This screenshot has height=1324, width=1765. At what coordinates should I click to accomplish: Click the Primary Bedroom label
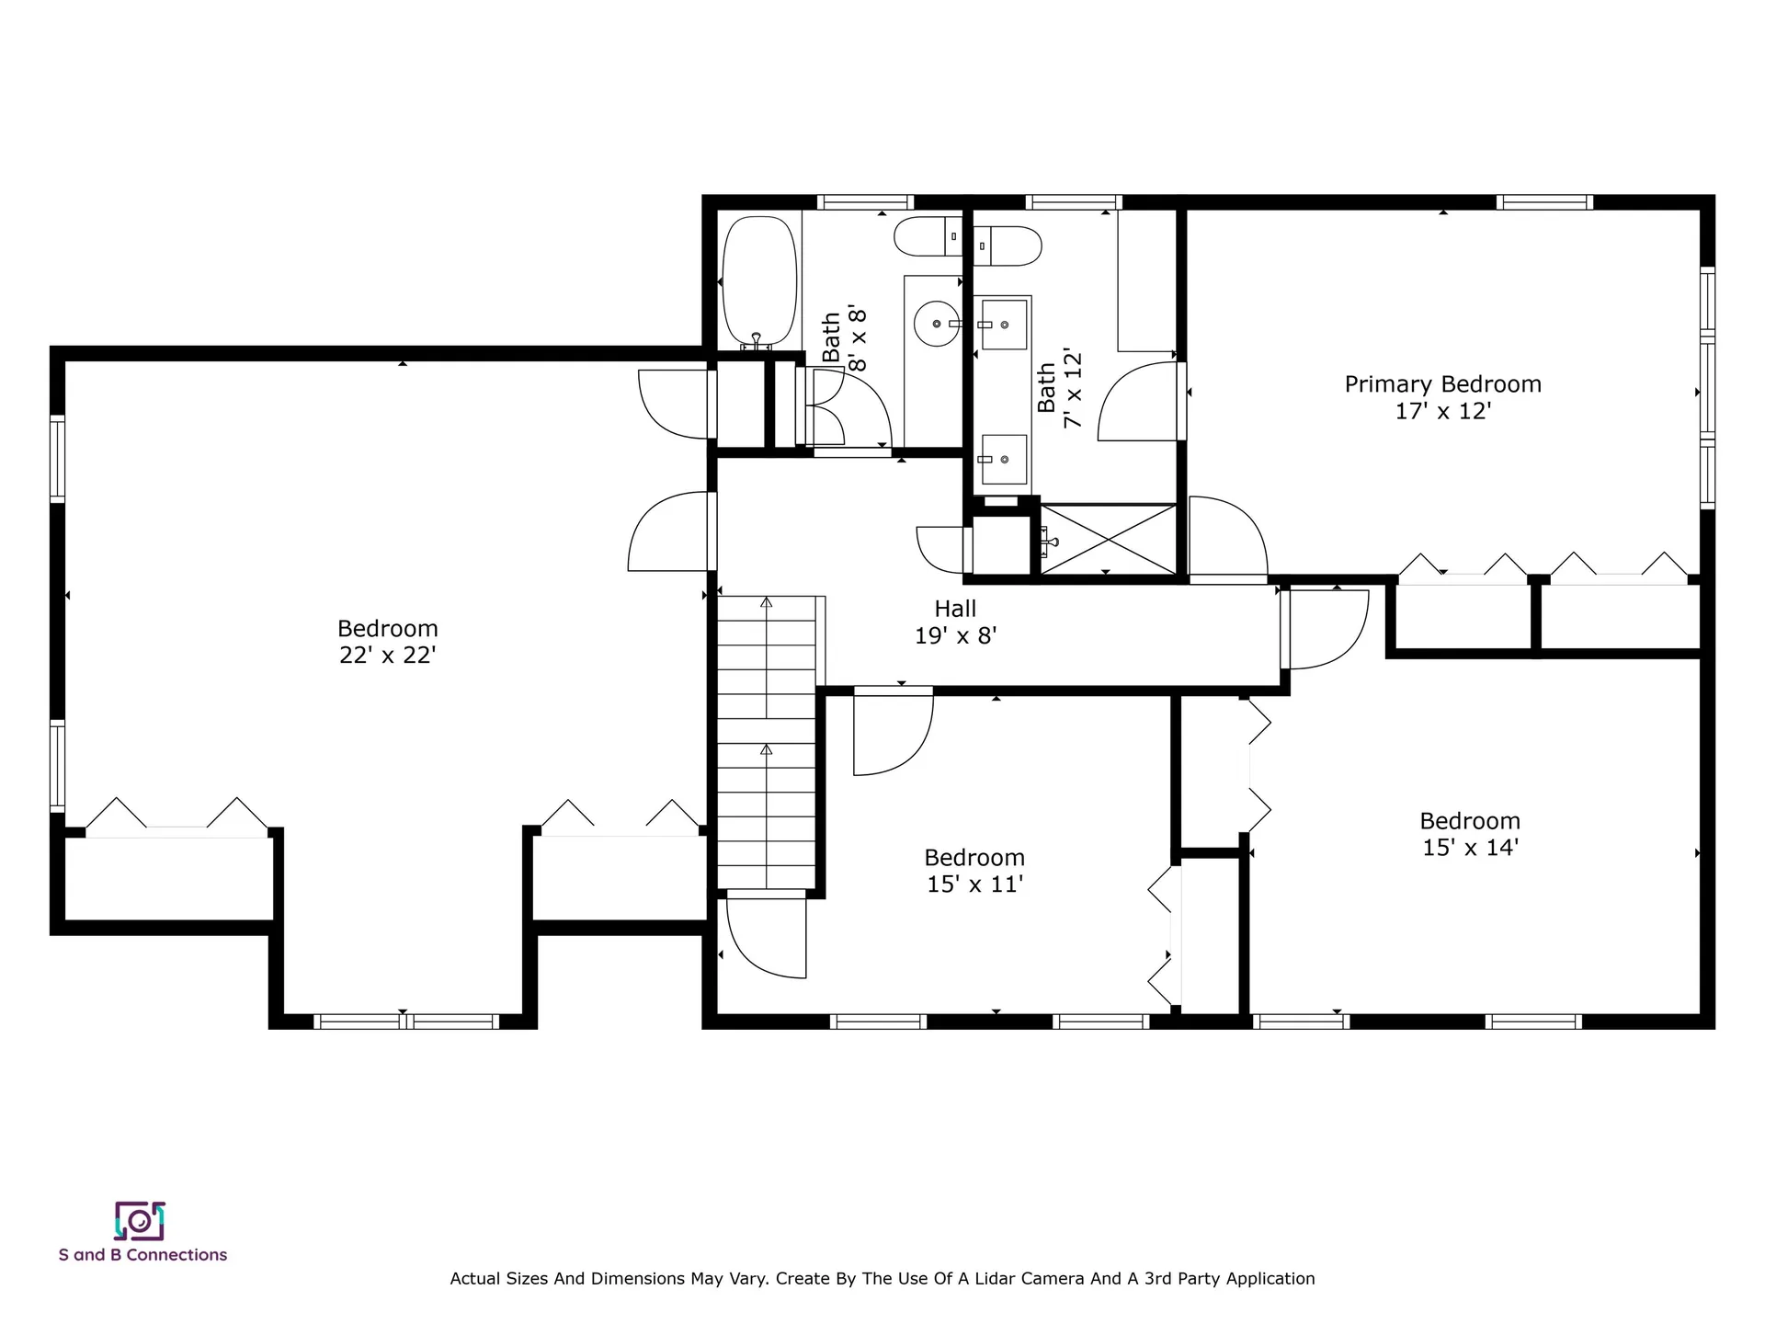coord(1442,384)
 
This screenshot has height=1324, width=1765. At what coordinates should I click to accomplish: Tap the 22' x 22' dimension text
coord(387,656)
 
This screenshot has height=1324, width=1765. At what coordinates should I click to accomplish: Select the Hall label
coord(955,609)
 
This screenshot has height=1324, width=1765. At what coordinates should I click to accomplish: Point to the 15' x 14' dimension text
coord(1470,848)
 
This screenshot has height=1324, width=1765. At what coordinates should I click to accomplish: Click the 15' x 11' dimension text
coord(974,885)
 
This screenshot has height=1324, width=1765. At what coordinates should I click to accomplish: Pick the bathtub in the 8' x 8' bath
coord(759,281)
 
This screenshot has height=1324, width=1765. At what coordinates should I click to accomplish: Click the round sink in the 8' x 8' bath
coord(937,324)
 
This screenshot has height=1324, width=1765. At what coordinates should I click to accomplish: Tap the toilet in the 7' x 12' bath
coord(1008,246)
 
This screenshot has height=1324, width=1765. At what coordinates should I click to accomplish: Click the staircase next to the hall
coord(767,743)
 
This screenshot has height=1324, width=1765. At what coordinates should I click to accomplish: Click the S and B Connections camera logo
coord(139,1221)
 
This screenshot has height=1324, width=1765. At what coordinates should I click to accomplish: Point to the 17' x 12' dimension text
coord(1442,411)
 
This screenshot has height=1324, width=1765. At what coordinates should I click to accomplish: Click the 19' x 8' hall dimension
coord(955,635)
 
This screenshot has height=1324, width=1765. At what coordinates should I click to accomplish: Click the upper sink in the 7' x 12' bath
coord(1004,324)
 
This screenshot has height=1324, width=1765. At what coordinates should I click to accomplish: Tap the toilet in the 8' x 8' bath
coord(928,236)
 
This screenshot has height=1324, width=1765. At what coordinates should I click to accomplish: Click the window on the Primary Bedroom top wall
coord(1544,202)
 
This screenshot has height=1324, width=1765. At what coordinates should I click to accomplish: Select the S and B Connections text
coord(142,1255)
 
